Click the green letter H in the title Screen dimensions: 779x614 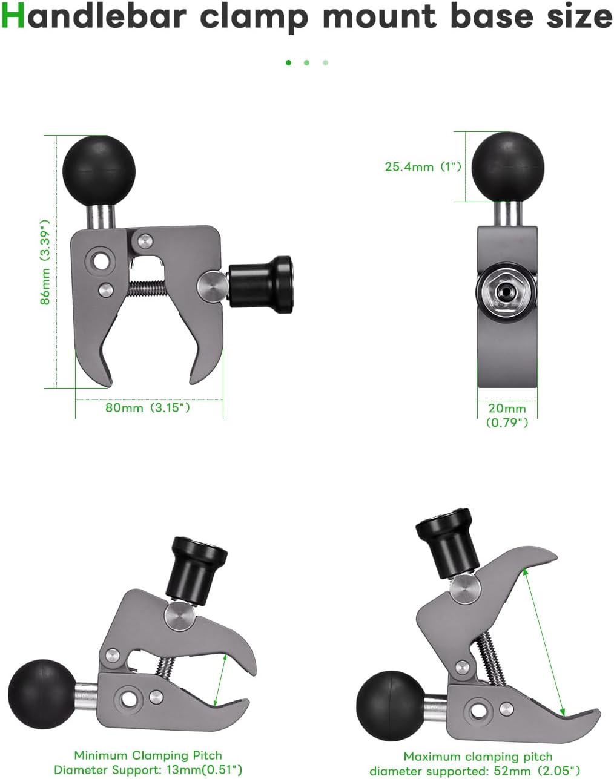click(13, 17)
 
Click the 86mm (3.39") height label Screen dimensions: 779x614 click(45, 261)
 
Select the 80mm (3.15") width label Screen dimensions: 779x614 click(148, 407)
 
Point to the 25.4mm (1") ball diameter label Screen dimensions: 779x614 click(423, 166)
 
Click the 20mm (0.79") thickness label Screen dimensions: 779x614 click(507, 415)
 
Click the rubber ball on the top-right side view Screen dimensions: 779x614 click(507, 167)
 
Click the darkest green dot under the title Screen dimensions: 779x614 click(288, 62)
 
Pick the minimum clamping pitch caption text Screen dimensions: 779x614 click(148, 763)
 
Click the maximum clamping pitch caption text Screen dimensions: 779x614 click(477, 763)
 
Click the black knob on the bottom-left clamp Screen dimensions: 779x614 click(198, 569)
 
